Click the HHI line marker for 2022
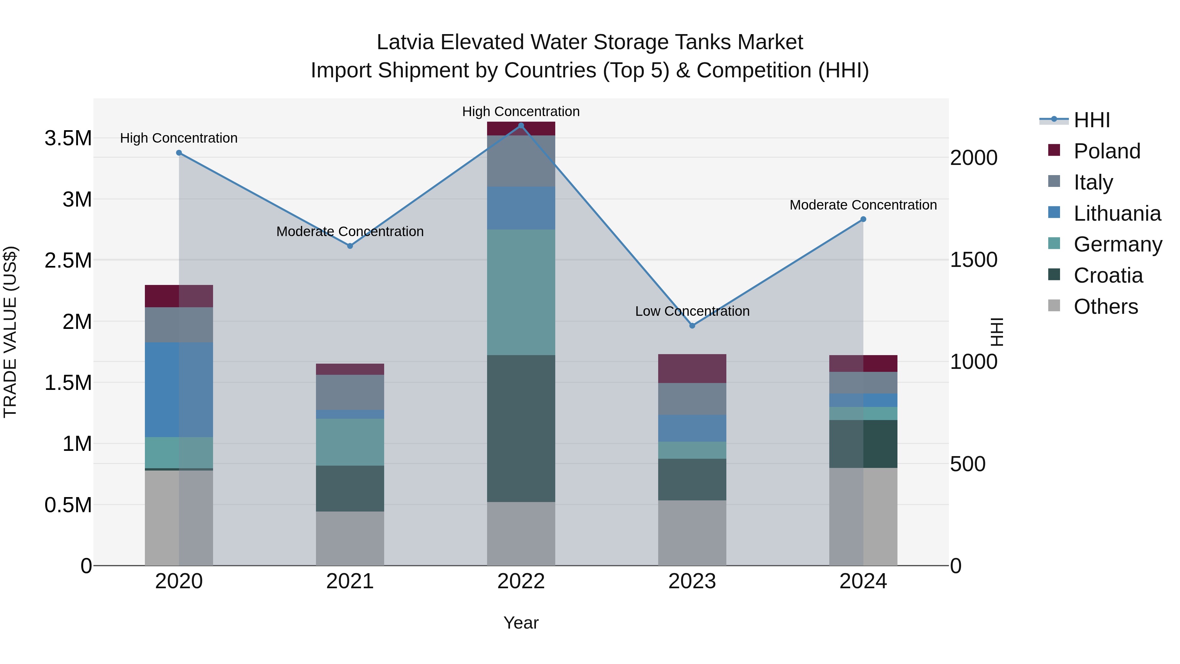(521, 126)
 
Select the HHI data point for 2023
(692, 325)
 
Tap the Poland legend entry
(1106, 151)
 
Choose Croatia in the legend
(1108, 275)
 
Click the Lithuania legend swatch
(1054, 212)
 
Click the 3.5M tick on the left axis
(68, 138)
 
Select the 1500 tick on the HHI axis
(973, 260)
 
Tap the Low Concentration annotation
(692, 311)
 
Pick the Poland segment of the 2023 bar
(692, 369)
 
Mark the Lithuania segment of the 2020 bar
(179, 390)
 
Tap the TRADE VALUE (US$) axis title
(10, 332)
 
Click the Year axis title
(521, 623)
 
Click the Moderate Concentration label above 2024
(863, 205)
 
